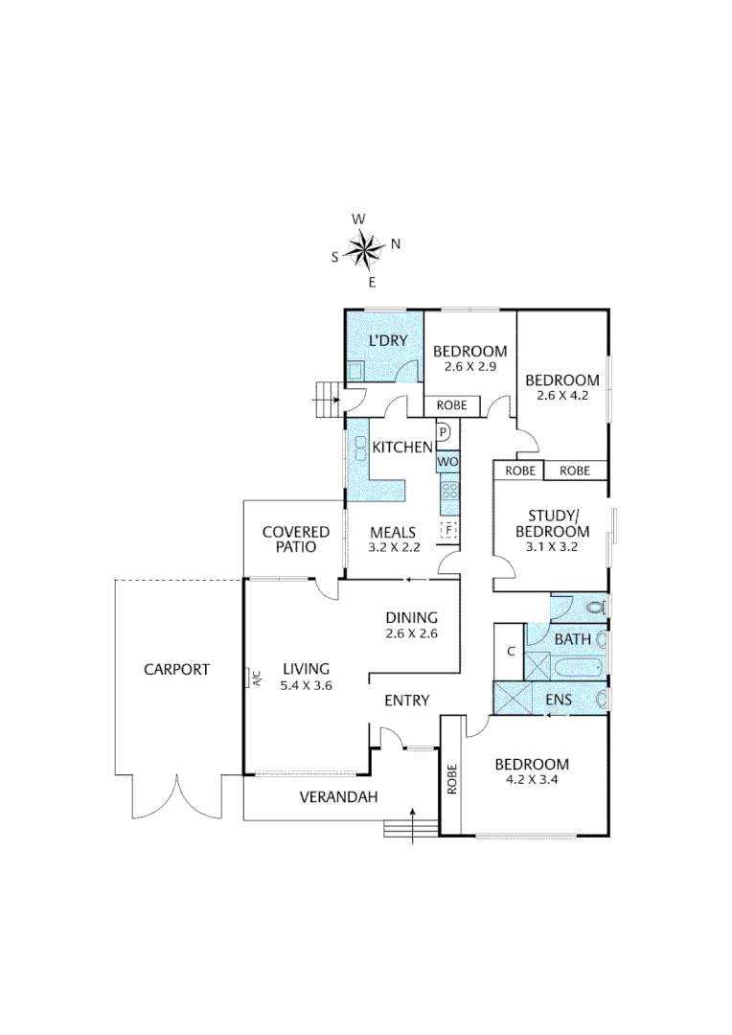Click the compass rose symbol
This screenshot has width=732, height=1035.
[x=365, y=250]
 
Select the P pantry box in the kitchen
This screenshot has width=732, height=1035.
[x=444, y=433]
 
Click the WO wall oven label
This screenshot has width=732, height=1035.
[x=448, y=462]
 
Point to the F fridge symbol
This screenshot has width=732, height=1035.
[x=447, y=529]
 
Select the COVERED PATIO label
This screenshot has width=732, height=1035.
[x=296, y=540]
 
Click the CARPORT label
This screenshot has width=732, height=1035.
[x=176, y=670]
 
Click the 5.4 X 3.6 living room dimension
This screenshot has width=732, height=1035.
[x=306, y=685]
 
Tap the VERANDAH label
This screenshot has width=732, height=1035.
[x=338, y=796]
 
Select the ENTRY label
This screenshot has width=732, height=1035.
[x=406, y=701]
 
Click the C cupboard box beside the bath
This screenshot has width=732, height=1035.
[x=510, y=652]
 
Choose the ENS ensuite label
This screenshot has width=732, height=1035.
[x=558, y=701]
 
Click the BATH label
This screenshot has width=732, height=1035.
[x=572, y=639]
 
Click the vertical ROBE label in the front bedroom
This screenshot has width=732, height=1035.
[x=451, y=777]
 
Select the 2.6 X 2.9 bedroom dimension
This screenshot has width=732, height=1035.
[x=469, y=366]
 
